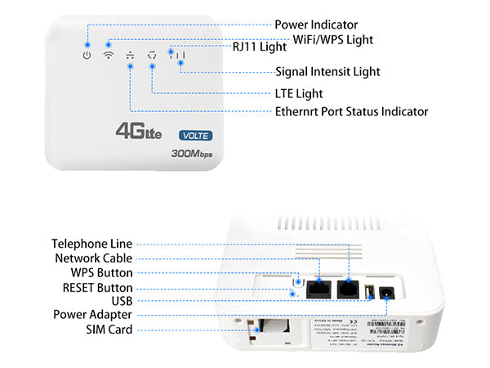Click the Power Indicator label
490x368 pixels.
point(316,25)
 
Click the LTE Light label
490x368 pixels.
point(298,93)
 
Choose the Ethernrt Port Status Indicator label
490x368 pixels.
point(351,111)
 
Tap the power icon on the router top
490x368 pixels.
point(87,56)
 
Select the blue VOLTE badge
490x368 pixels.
point(196,135)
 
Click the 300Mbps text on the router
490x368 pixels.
point(193,153)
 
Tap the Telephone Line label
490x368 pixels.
point(91,244)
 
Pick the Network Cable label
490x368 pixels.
point(94,258)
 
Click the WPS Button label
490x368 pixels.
point(101,272)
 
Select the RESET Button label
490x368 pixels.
point(98,288)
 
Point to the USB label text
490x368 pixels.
point(121,301)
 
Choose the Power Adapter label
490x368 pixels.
point(93,314)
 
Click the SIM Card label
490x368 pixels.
point(109,330)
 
